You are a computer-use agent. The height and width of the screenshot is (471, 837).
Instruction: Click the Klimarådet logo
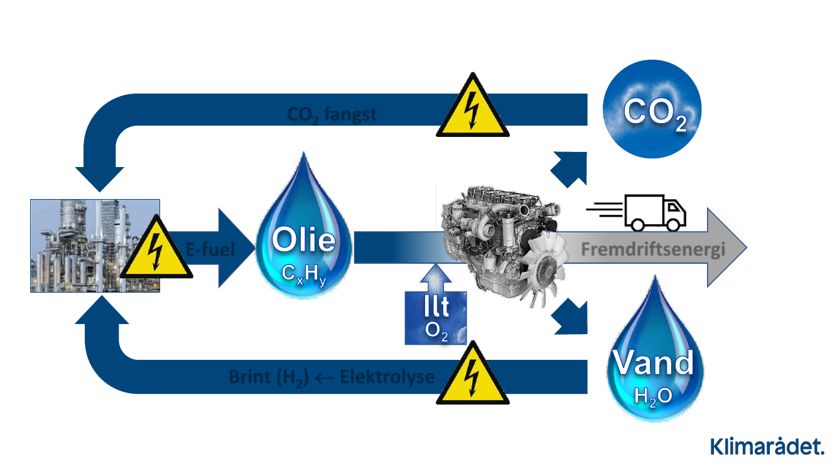tap(767, 447)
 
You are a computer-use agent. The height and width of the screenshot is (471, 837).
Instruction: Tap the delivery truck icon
tap(653, 212)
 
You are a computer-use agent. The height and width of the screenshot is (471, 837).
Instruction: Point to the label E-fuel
tap(210, 249)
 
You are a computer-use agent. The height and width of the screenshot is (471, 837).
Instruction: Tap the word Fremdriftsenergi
tap(653, 249)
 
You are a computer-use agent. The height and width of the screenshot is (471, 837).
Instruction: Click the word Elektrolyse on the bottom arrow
tap(387, 377)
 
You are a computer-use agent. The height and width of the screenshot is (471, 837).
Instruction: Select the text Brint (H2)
tap(268, 377)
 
